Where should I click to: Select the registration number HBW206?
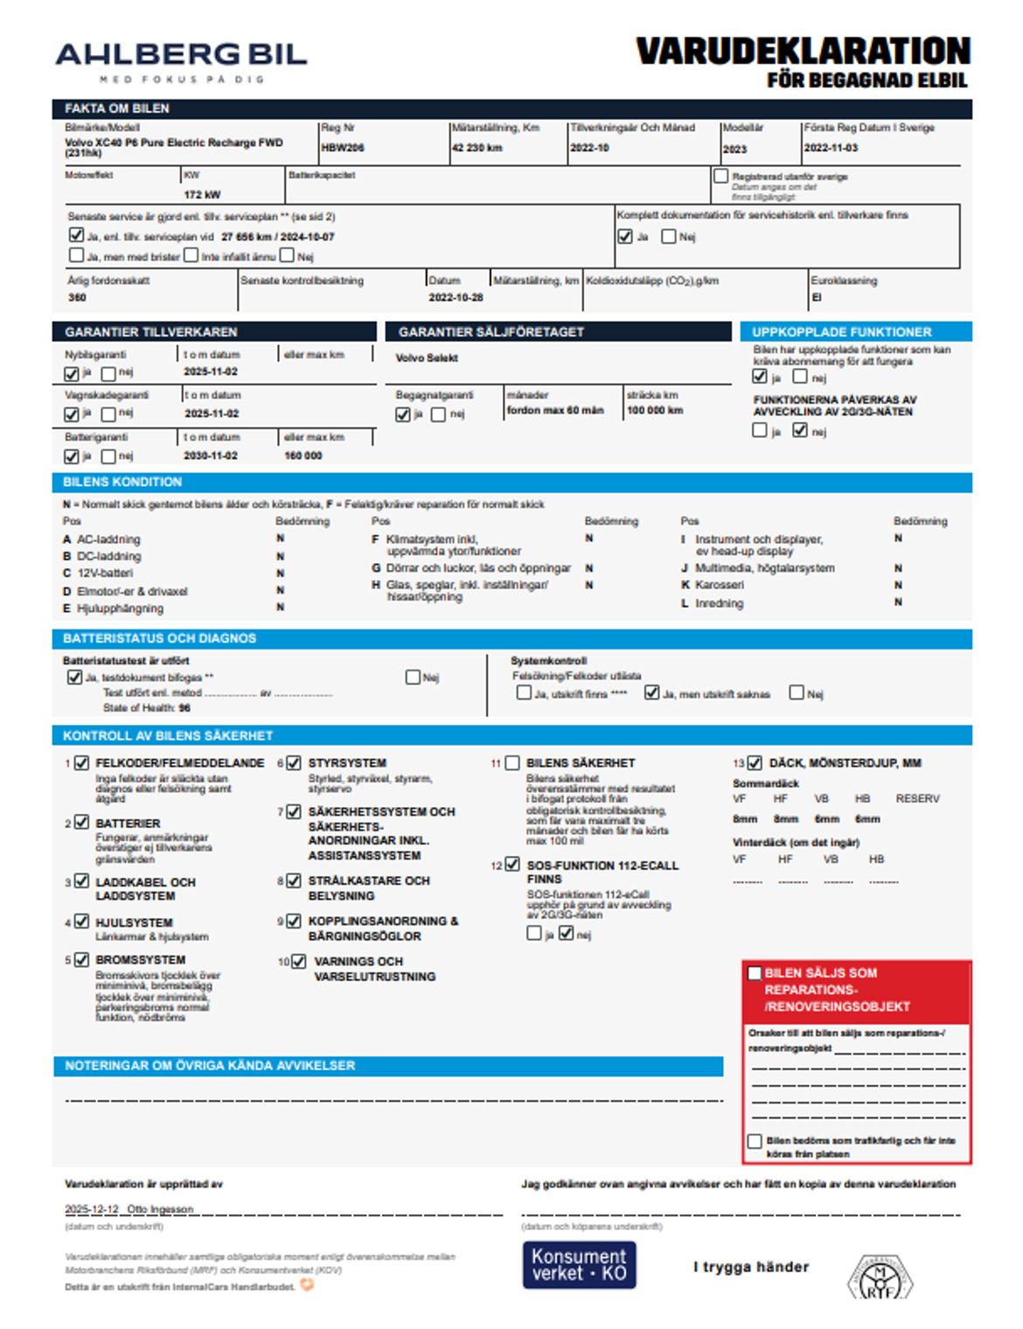[x=343, y=148]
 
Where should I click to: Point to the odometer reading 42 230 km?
[x=477, y=148]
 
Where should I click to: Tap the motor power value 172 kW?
[x=202, y=194]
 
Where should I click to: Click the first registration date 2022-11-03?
[x=831, y=148]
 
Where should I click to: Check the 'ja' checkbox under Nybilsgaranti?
[x=72, y=373]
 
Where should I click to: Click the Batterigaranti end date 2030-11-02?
[x=211, y=456]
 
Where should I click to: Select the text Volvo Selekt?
[x=427, y=358]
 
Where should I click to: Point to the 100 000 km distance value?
[x=655, y=410]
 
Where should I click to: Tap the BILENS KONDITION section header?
[x=122, y=482]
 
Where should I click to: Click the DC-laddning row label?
[x=108, y=556]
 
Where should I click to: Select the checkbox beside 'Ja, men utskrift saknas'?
[x=651, y=692]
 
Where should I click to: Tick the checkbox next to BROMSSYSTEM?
[x=81, y=959]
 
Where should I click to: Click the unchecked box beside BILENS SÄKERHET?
[x=512, y=763]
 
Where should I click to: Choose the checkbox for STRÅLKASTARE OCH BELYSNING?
[x=295, y=881]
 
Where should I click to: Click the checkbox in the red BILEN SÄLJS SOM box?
[x=755, y=973]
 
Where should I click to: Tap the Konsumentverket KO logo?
[x=579, y=1264]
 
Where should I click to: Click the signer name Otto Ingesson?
[x=160, y=1209]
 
